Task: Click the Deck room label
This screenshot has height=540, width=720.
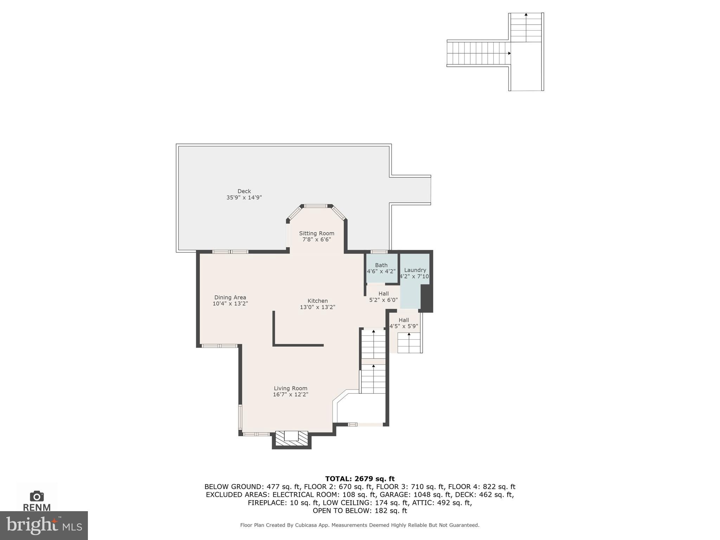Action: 244,191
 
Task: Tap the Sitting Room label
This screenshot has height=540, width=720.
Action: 316,233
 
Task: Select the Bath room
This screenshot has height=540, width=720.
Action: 381,268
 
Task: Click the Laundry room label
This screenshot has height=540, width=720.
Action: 415,270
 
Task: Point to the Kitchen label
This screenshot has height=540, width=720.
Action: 317,301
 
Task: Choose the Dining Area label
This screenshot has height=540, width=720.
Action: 230,297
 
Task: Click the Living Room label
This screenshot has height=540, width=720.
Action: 290,388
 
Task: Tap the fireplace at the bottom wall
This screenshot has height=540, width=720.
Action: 291,439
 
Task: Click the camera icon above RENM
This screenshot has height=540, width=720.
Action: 37,496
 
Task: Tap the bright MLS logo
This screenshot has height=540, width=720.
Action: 44,525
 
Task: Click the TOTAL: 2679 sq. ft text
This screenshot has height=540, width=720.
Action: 360,479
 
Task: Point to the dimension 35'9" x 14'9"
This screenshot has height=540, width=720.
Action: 244,198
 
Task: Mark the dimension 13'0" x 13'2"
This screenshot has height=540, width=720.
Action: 317,307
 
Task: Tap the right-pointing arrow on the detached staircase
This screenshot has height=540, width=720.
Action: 509,53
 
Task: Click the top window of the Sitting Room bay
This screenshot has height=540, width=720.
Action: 316,206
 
